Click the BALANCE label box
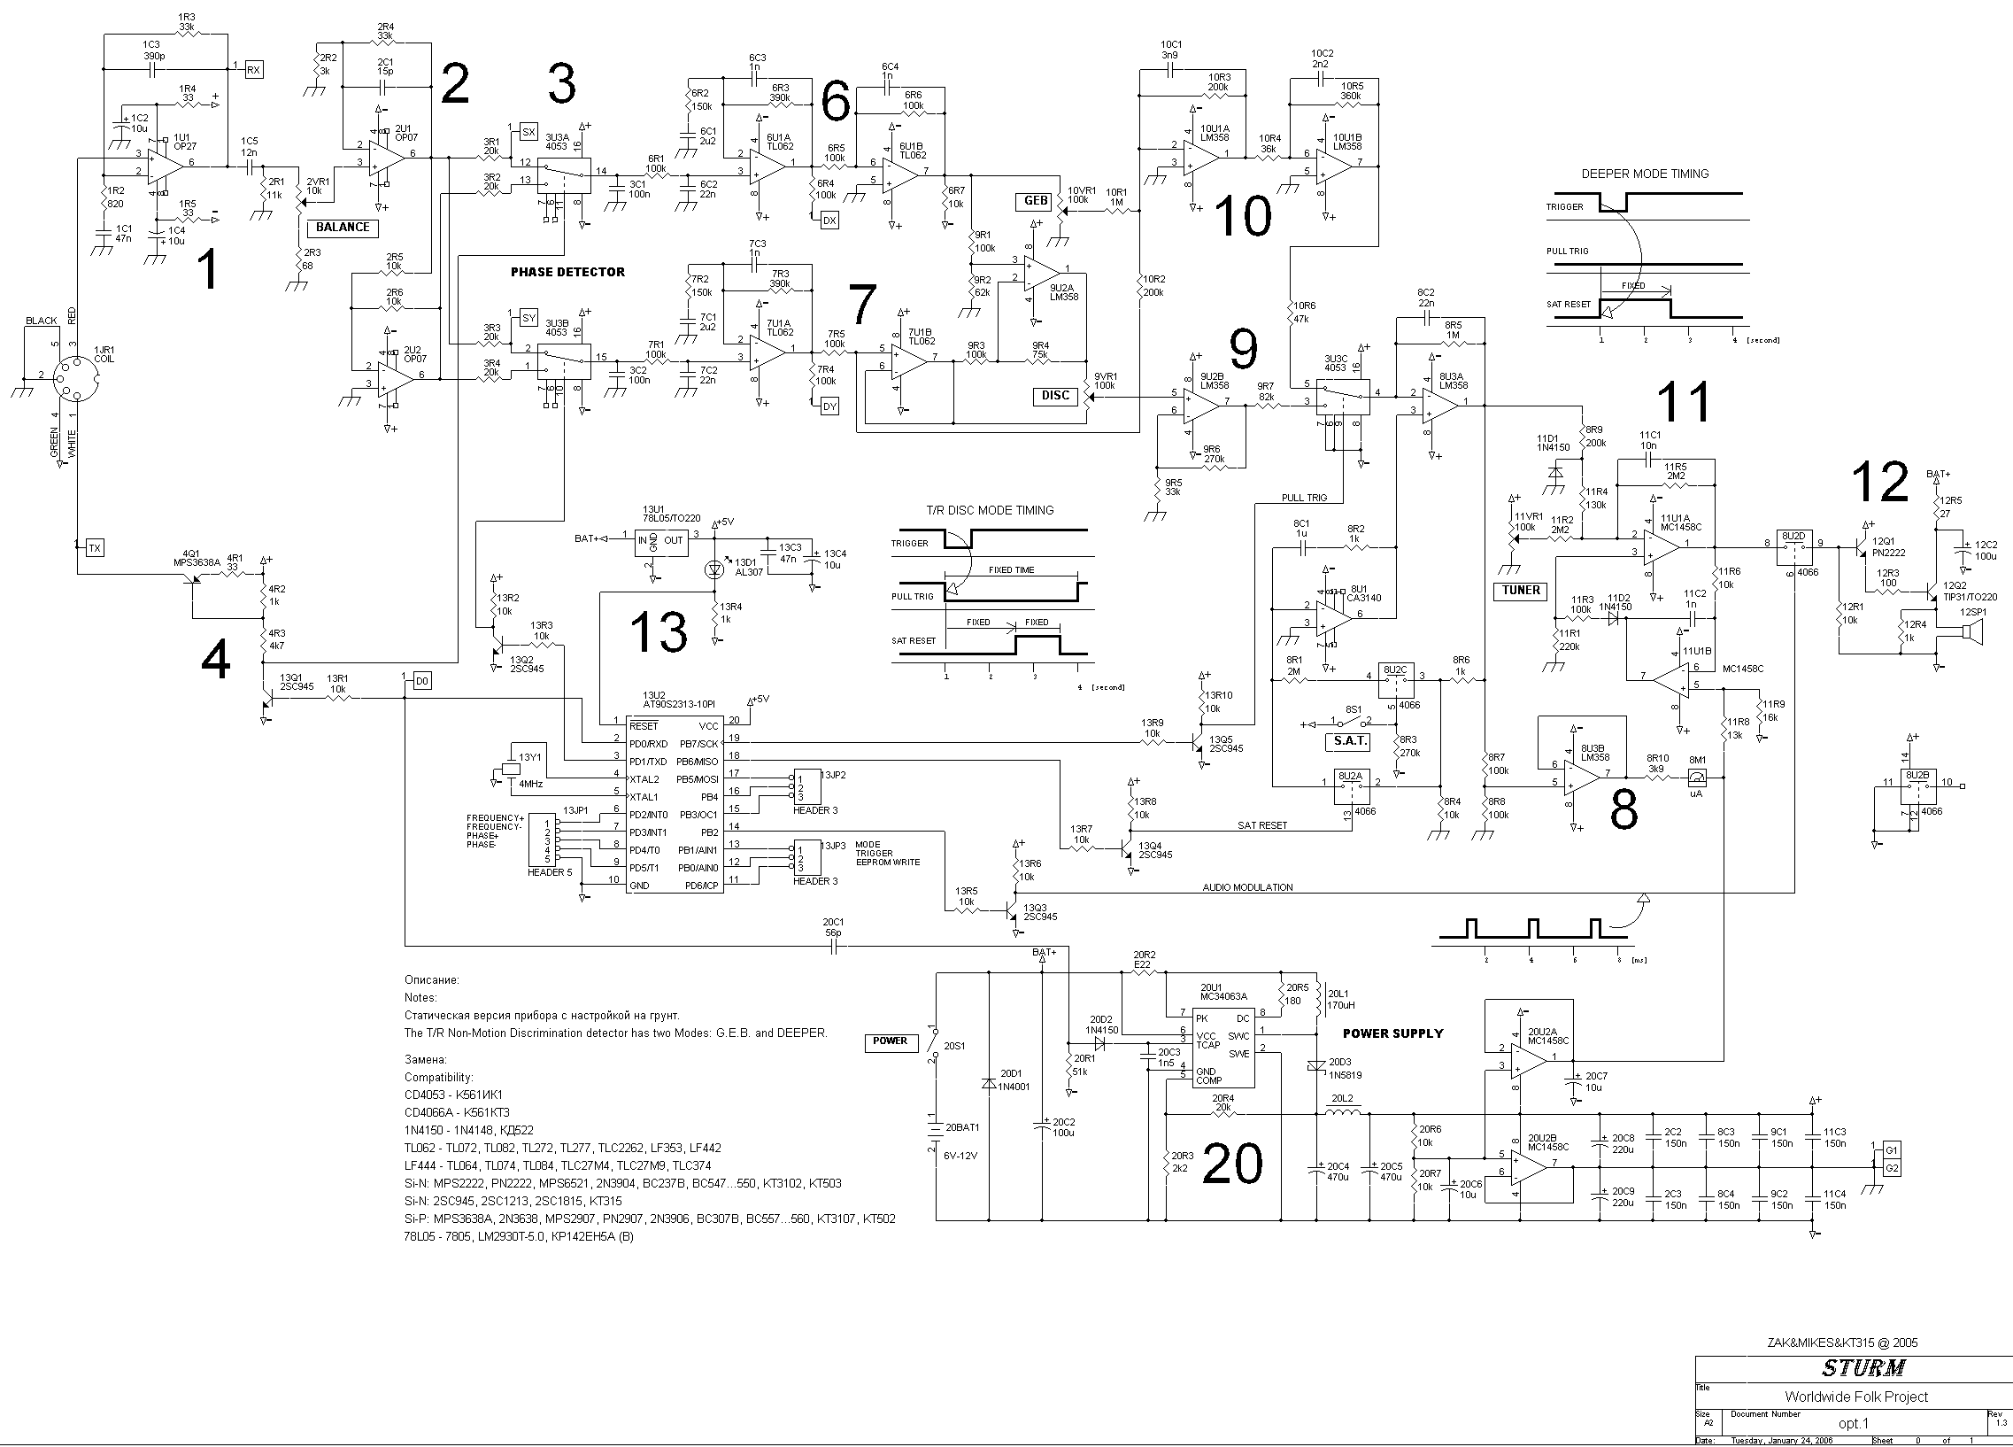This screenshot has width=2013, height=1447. pyautogui.click(x=343, y=228)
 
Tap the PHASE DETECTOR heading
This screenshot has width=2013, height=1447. pyautogui.click(x=567, y=272)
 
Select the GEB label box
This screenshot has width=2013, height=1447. pyautogui.click(x=1036, y=202)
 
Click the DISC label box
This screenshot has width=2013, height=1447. pyautogui.click(x=1055, y=396)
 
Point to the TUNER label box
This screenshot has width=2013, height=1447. pyautogui.click(x=1522, y=591)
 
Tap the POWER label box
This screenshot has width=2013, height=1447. pyautogui.click(x=890, y=1041)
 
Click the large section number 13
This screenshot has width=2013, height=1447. pyautogui.click(x=658, y=632)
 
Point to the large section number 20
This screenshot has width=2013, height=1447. pyautogui.click(x=1232, y=1163)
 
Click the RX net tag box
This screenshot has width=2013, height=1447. pyautogui.click(x=254, y=69)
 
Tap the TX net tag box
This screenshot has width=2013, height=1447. pyautogui.click(x=95, y=548)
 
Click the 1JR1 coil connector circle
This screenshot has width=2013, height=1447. pyautogui.click(x=73, y=376)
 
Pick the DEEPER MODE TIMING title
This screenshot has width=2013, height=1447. pyautogui.click(x=1645, y=174)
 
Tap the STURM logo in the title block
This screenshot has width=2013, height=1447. pyautogui.click(x=1863, y=1368)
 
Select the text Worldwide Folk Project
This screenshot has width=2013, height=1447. pyautogui.click(x=1857, y=1397)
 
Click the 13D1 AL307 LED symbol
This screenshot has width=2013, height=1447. pyautogui.click(x=713, y=569)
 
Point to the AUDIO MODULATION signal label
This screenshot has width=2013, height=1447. pyautogui.click(x=1247, y=886)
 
